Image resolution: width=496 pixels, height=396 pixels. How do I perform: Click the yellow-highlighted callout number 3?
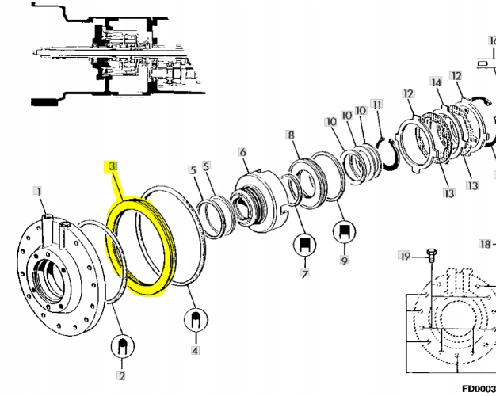(113, 167)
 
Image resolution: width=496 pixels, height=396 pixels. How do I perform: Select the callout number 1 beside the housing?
(37, 191)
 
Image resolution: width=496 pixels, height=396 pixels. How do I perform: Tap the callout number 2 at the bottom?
(122, 375)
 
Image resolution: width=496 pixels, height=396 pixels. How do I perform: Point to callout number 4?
(194, 349)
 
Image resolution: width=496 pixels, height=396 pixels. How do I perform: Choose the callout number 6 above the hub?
(242, 153)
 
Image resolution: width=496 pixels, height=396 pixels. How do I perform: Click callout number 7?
(303, 273)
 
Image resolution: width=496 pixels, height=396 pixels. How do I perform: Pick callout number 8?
(292, 135)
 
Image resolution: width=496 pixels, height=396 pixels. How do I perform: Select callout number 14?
(436, 82)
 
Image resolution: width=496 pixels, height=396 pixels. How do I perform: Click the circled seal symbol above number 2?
(123, 347)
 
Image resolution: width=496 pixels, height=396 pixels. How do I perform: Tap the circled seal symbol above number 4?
(194, 321)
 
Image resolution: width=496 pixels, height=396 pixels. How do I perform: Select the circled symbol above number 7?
(303, 245)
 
